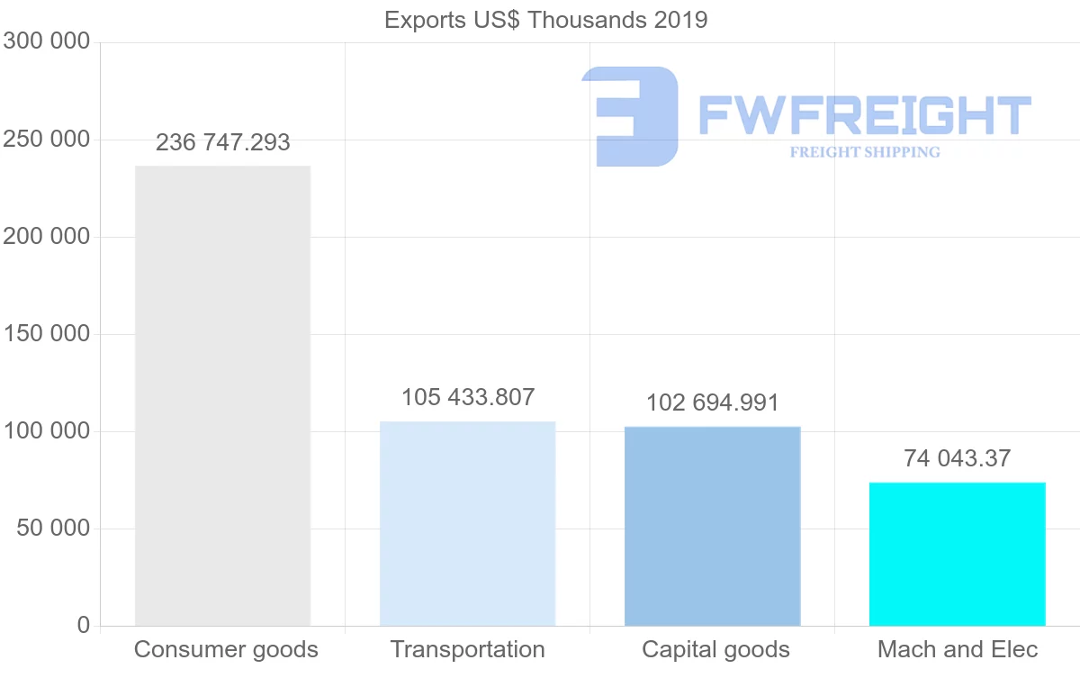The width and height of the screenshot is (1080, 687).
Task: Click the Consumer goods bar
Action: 222,395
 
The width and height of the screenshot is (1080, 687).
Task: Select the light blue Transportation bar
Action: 467,523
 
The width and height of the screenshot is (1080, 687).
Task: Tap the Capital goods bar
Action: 712,526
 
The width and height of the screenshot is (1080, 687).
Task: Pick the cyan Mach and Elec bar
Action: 957,554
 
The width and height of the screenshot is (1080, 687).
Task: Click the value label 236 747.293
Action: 222,142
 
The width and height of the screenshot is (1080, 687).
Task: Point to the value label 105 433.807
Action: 467,397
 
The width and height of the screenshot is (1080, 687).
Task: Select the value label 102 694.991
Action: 712,402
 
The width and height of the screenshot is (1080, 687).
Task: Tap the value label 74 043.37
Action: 957,458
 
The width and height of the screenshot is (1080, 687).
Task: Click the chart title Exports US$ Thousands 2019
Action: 545,20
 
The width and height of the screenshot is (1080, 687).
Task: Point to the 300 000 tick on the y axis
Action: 47,41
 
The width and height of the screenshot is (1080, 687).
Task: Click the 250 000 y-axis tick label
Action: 47,140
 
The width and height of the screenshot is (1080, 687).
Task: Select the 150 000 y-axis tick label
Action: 47,334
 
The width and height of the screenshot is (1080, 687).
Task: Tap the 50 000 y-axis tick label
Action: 54,529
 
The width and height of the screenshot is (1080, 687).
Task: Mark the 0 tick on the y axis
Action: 83,625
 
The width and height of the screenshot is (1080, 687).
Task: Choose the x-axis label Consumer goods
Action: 226,649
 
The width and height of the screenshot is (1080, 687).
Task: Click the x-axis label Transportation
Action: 467,649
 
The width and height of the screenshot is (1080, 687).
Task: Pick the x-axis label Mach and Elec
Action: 958,649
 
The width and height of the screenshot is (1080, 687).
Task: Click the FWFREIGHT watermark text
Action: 864,115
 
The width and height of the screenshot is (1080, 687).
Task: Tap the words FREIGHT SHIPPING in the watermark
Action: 864,152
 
